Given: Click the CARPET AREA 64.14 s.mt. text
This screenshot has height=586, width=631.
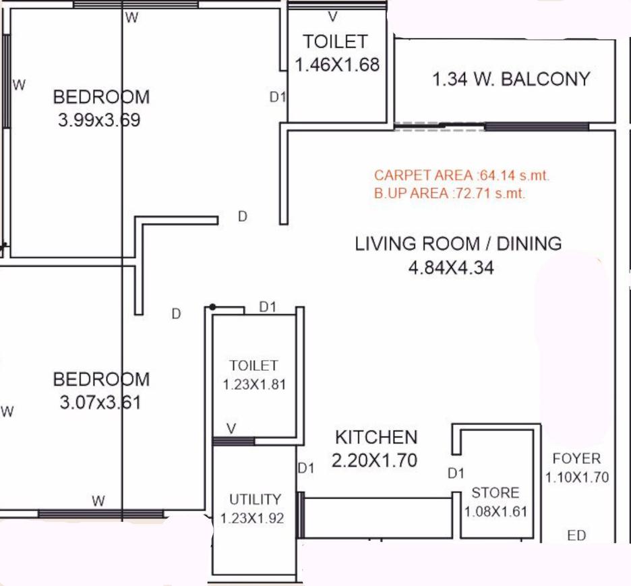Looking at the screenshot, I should click(462, 175).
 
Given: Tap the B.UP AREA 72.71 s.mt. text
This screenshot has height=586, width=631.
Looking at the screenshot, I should click(450, 194).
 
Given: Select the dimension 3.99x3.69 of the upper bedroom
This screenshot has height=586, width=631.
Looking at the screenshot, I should click(99, 121).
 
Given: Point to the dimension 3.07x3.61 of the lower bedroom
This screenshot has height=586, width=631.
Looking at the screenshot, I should click(100, 403).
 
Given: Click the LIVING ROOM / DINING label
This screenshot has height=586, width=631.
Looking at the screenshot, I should click(458, 243).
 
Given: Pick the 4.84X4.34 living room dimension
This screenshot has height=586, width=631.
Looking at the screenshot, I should click(451, 268).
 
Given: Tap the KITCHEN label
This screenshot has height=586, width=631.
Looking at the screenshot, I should click(376, 437).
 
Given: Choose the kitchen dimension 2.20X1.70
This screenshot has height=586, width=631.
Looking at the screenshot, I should click(374, 461).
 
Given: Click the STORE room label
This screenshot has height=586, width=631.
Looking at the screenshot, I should click(495, 492).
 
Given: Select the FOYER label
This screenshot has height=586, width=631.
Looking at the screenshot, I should click(576, 459).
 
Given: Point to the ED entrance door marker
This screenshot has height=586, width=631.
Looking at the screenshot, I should click(576, 536).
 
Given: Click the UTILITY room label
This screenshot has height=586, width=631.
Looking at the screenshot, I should click(255, 500).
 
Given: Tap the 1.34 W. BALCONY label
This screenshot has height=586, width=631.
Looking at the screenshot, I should click(511, 79).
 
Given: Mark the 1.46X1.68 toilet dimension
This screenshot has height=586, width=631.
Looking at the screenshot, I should click(338, 65).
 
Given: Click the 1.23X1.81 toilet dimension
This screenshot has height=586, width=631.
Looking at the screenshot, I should click(253, 385).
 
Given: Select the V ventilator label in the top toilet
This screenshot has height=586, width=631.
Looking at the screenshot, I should click(332, 17).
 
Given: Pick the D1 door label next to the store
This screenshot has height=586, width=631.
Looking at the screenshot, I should click(456, 474).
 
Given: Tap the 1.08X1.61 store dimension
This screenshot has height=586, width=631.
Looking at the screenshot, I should click(495, 512).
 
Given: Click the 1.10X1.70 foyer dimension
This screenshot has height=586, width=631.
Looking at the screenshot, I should click(577, 477).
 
